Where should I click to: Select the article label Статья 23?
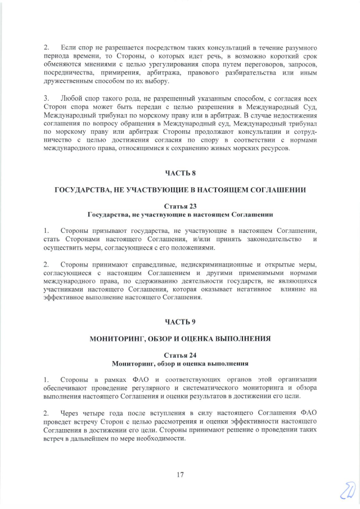180,206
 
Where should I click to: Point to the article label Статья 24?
180,355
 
